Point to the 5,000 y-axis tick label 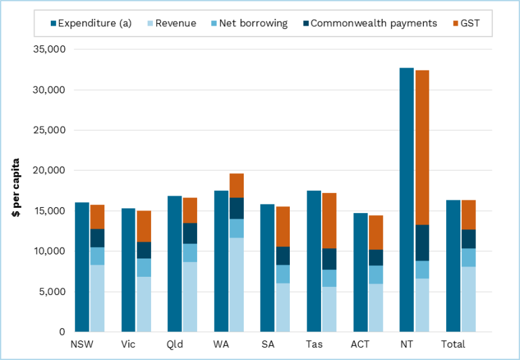(51, 292)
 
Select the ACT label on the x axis (360, 343)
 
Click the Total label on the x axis (453, 343)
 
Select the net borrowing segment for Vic (144, 268)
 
